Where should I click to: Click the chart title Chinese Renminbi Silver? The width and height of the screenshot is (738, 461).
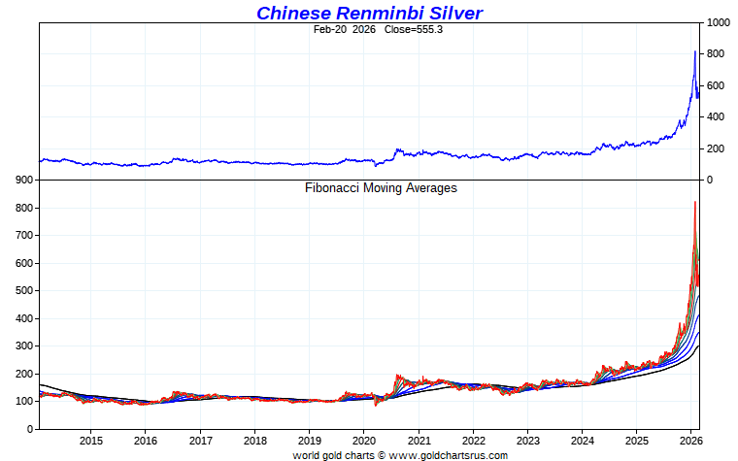pos(369,13)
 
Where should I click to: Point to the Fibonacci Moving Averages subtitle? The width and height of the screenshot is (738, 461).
pos(381,187)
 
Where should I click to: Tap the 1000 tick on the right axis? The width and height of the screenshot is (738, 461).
pos(719,22)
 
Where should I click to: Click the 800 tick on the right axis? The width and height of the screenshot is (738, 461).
pos(716,54)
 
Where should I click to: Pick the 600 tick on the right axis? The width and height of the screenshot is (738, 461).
pos(716,85)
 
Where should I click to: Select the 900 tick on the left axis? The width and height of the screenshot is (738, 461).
pos(24,181)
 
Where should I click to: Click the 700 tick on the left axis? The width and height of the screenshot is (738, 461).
pos(24,236)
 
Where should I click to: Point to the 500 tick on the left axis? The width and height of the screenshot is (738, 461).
pos(24,291)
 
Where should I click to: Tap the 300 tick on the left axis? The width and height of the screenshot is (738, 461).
pos(24,346)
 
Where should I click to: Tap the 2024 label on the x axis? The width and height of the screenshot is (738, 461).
pos(582,441)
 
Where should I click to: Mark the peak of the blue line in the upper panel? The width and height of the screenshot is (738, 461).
pos(694,51)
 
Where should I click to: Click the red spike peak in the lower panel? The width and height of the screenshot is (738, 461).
pos(694,202)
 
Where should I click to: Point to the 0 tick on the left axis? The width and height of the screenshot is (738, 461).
pos(30,429)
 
